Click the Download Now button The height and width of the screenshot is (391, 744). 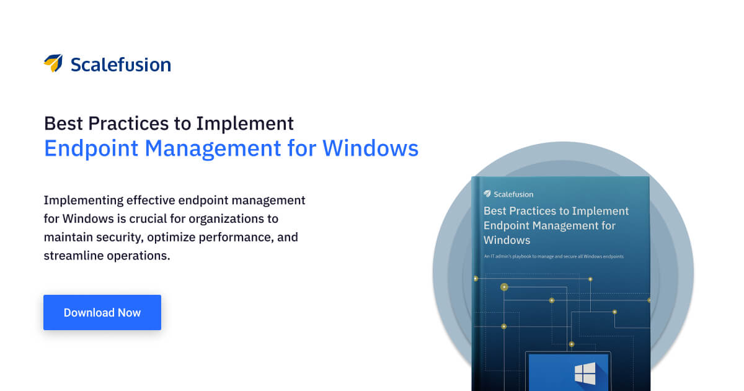pyautogui.click(x=102, y=313)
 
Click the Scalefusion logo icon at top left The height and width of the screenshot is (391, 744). pyautogui.click(x=53, y=63)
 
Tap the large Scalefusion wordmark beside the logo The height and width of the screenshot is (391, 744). pyautogui.click(x=120, y=64)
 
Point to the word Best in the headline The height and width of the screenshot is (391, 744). pyautogui.click(x=63, y=123)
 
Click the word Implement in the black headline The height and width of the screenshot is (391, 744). pyautogui.click(x=245, y=123)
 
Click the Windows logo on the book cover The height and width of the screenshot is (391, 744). pyautogui.click(x=584, y=373)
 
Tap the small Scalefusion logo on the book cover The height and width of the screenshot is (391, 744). pyautogui.click(x=488, y=194)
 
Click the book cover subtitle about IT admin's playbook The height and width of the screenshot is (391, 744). pyautogui.click(x=554, y=256)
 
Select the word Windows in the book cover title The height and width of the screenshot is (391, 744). pyautogui.click(x=507, y=240)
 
